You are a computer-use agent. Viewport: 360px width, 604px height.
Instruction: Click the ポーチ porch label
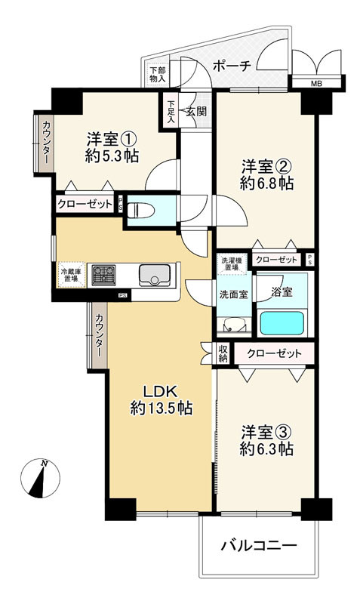[x=232, y=66]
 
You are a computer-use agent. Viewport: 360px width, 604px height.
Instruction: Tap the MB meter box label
[x=316, y=83]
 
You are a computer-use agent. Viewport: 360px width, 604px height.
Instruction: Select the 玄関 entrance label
[x=196, y=111]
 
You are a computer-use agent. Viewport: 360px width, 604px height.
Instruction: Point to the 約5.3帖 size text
[x=112, y=156]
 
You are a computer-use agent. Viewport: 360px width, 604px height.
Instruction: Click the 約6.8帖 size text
[x=267, y=183]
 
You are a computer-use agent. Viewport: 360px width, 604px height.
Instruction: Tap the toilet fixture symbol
[x=140, y=211]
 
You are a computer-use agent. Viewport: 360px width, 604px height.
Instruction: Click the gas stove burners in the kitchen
[x=103, y=275]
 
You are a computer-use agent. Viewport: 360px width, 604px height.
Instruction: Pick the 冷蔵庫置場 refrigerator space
[x=70, y=275]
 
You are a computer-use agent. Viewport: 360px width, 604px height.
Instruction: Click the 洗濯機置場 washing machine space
[x=232, y=264]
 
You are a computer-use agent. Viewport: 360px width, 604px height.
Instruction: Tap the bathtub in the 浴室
[x=282, y=323]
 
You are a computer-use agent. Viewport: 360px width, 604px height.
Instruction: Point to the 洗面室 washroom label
[x=233, y=294]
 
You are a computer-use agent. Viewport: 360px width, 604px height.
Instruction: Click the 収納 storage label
[x=223, y=353]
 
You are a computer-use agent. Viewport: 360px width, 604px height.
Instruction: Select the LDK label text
[x=160, y=392]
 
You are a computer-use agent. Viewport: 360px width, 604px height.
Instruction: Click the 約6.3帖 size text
[x=267, y=449]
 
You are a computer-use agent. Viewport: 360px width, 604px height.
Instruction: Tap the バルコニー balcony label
[x=259, y=545]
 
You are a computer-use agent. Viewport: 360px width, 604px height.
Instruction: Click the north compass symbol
[x=40, y=478]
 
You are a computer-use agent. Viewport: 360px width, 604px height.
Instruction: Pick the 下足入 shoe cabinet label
[x=171, y=112]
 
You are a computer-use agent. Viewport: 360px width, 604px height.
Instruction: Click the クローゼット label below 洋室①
[x=85, y=204]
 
